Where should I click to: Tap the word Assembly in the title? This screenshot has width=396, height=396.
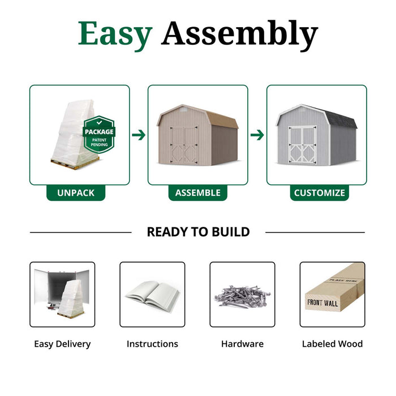(239, 35)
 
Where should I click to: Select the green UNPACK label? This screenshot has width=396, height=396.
(76, 192)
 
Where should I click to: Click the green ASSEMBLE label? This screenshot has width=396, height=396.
(197, 192)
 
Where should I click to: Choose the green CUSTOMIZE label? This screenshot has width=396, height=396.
(319, 192)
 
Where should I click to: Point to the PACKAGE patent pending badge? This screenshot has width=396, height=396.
(99, 134)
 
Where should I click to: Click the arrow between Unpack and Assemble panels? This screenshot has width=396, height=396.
(139, 135)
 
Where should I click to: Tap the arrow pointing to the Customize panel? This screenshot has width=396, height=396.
(257, 135)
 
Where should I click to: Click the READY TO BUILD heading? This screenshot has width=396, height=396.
(198, 232)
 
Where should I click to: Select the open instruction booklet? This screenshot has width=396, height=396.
(152, 294)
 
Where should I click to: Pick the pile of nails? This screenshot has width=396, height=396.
(242, 295)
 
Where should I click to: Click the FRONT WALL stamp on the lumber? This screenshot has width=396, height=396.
(322, 303)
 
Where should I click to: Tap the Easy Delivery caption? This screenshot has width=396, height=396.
(62, 344)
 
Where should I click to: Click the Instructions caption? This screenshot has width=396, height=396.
(152, 344)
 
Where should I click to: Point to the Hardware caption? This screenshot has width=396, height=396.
(242, 344)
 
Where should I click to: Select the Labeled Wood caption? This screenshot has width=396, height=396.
(332, 344)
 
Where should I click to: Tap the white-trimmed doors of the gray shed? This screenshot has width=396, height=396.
(302, 145)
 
